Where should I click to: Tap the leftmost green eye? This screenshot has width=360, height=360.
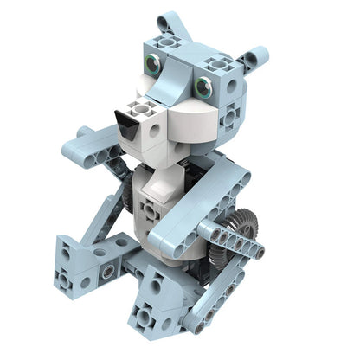tap(153, 63)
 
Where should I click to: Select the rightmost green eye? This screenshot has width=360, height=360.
tap(204, 86)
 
